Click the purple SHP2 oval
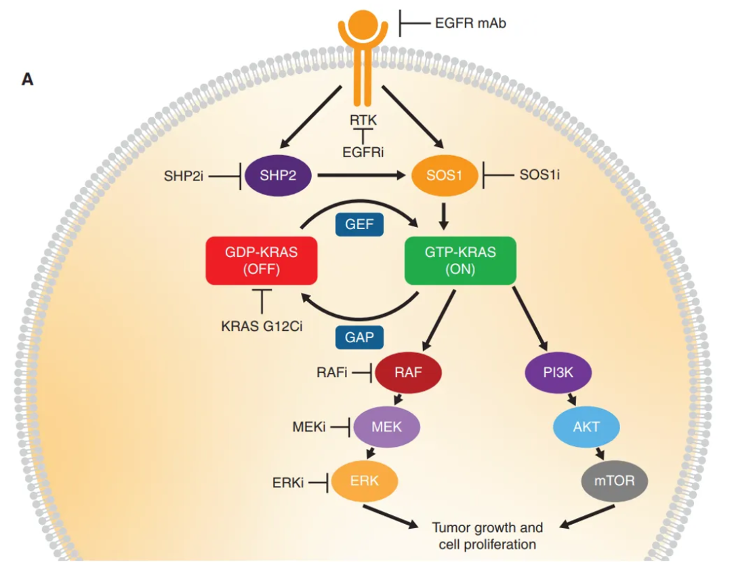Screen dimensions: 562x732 pyautogui.click(x=278, y=176)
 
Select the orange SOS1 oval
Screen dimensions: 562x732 pyautogui.click(x=445, y=176)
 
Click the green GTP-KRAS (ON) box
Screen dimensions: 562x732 pyautogui.click(x=460, y=260)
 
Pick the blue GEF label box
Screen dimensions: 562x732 pyautogui.click(x=360, y=224)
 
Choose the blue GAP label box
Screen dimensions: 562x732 pyautogui.click(x=360, y=337)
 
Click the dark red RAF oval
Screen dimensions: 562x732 pyautogui.click(x=409, y=372)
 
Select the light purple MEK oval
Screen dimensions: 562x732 pyautogui.click(x=387, y=427)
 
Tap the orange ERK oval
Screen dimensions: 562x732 pyautogui.click(x=364, y=482)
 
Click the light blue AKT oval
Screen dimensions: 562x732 pyautogui.click(x=586, y=427)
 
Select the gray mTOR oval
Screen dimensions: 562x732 pyautogui.click(x=615, y=482)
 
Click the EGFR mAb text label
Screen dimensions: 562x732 pyautogui.click(x=470, y=24)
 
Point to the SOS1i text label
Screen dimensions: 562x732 pyautogui.click(x=540, y=176)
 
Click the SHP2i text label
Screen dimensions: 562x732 pyautogui.click(x=183, y=176)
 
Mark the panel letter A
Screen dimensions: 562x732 pyautogui.click(x=27, y=80)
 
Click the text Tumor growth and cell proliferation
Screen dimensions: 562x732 pyautogui.click(x=487, y=536)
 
